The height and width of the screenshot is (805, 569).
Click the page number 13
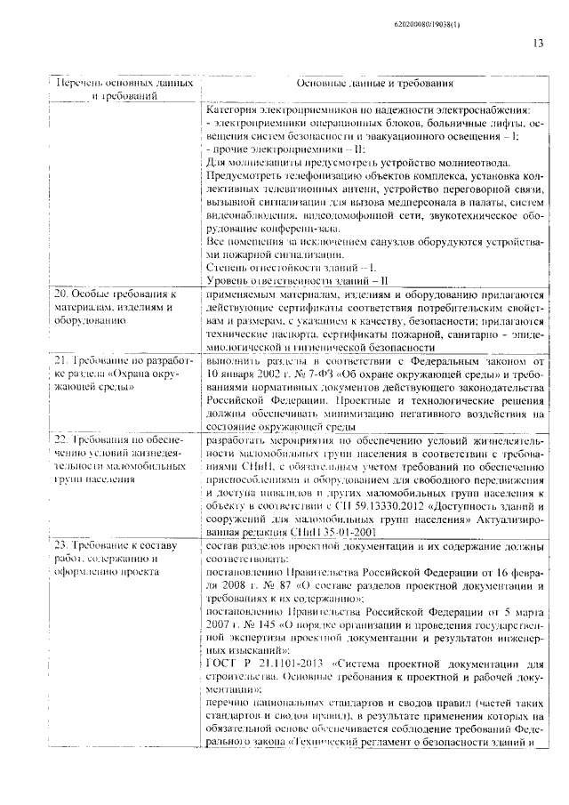[539, 43]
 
